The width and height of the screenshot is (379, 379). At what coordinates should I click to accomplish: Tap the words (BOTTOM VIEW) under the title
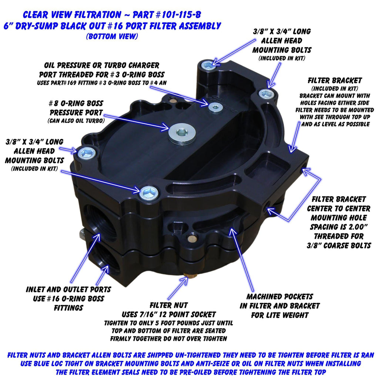pyautogui.click(x=112, y=36)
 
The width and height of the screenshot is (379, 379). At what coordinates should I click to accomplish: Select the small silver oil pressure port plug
pyautogui.click(x=215, y=108)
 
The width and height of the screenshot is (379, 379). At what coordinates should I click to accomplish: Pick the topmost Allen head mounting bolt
pyautogui.click(x=208, y=65)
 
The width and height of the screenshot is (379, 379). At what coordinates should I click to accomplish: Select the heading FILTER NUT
pyautogui.click(x=169, y=305)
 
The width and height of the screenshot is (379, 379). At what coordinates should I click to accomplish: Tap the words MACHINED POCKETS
pyautogui.click(x=280, y=296)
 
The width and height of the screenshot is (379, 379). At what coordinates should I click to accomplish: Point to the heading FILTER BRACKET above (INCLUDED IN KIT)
pyautogui.click(x=335, y=80)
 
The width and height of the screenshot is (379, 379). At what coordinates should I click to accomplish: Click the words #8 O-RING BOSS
pyautogui.click(x=76, y=104)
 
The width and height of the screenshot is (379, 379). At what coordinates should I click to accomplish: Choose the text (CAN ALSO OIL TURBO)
pyautogui.click(x=76, y=120)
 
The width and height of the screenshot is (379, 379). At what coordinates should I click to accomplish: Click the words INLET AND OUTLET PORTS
pyautogui.click(x=68, y=289)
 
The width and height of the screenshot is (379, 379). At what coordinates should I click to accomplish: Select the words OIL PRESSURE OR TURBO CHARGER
pyautogui.click(x=102, y=66)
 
